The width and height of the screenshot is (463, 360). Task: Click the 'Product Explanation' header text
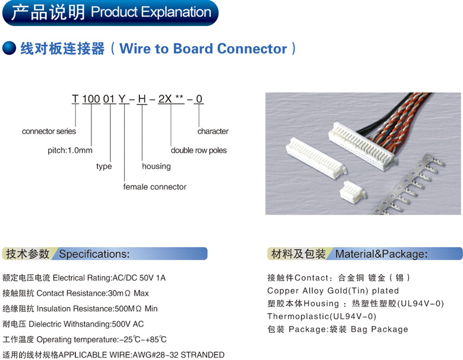pyautogui.click(x=151, y=12)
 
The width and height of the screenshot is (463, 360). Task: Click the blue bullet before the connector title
pyautogui.click(x=9, y=49)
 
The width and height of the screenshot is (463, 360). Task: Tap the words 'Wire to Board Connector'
pyautogui.click(x=203, y=49)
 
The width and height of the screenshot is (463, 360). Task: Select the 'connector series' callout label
pyautogui.click(x=49, y=131)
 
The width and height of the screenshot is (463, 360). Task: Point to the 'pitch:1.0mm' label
pyautogui.click(x=70, y=150)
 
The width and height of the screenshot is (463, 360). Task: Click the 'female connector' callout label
pyautogui.click(x=155, y=187)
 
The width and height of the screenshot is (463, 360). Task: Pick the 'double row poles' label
pyautogui.click(x=199, y=150)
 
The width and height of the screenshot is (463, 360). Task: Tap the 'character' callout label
pyautogui.click(x=213, y=131)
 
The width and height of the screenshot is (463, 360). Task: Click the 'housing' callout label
pyautogui.click(x=156, y=166)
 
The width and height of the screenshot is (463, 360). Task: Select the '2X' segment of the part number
pyautogui.click(x=164, y=99)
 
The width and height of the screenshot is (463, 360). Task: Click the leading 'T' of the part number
pyautogui.click(x=75, y=99)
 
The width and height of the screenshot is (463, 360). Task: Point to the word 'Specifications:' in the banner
pyautogui.click(x=94, y=254)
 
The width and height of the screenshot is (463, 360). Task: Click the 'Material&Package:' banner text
pyautogui.click(x=381, y=254)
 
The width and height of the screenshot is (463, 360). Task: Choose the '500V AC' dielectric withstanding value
pyautogui.click(x=128, y=324)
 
